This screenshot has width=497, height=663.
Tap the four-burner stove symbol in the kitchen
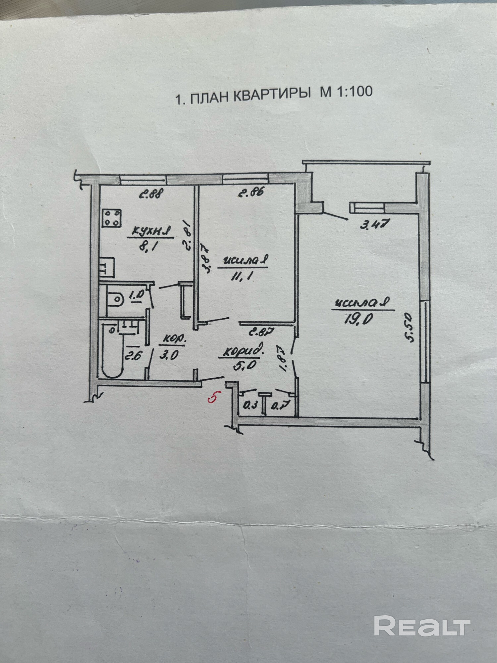111,218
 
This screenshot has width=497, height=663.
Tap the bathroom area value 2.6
133,356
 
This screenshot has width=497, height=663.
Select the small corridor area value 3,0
169,355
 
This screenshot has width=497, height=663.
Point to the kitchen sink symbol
107,268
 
